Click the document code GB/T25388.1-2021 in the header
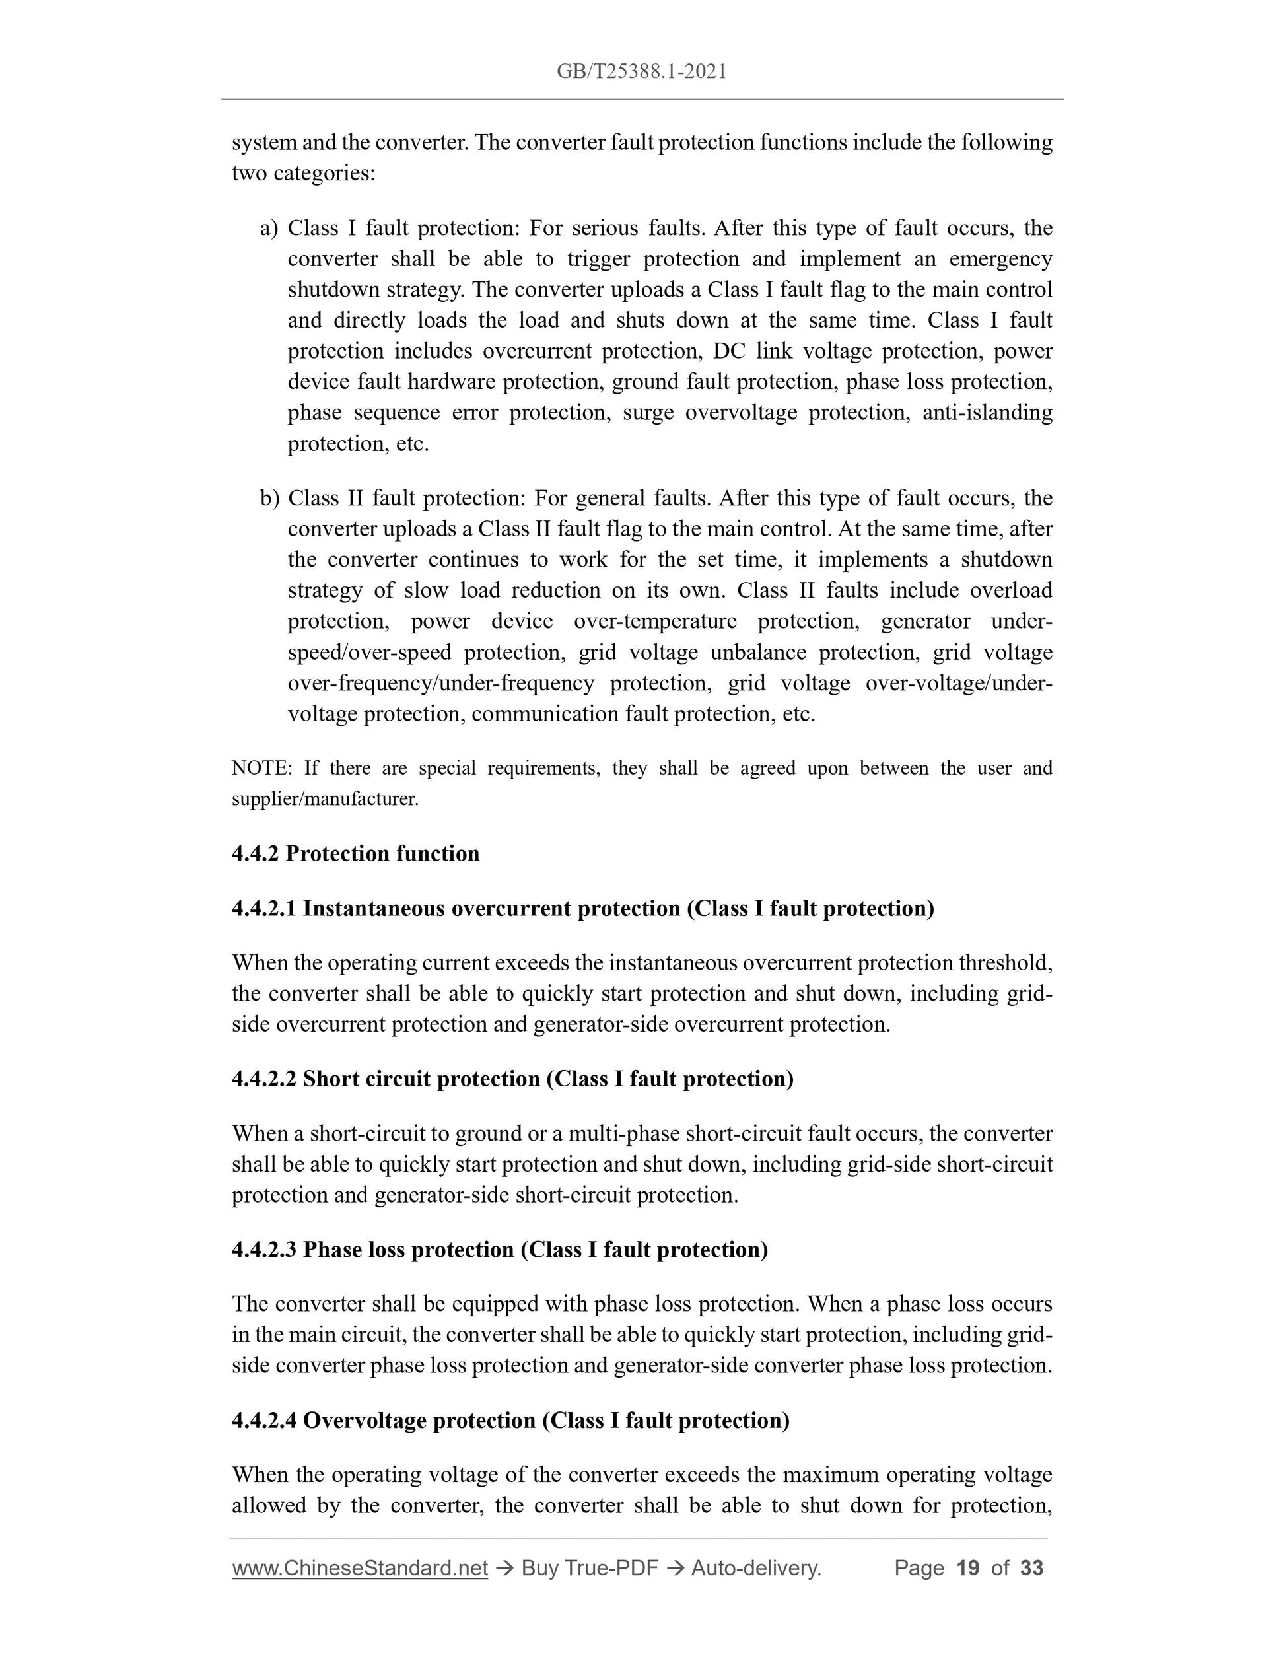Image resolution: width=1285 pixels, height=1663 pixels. (641, 71)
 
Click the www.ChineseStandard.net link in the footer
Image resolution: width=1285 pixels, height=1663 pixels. (359, 1568)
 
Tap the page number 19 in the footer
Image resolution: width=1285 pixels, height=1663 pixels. (967, 1568)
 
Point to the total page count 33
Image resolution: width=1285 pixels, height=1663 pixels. (1031, 1568)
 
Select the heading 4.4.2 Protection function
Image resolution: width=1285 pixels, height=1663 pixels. (355, 853)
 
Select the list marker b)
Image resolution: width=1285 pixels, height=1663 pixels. (269, 499)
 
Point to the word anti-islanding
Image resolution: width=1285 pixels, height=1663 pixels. (987, 413)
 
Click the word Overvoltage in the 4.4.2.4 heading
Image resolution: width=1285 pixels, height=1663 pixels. (364, 1420)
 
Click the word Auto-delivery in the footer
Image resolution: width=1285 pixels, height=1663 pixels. (755, 1568)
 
